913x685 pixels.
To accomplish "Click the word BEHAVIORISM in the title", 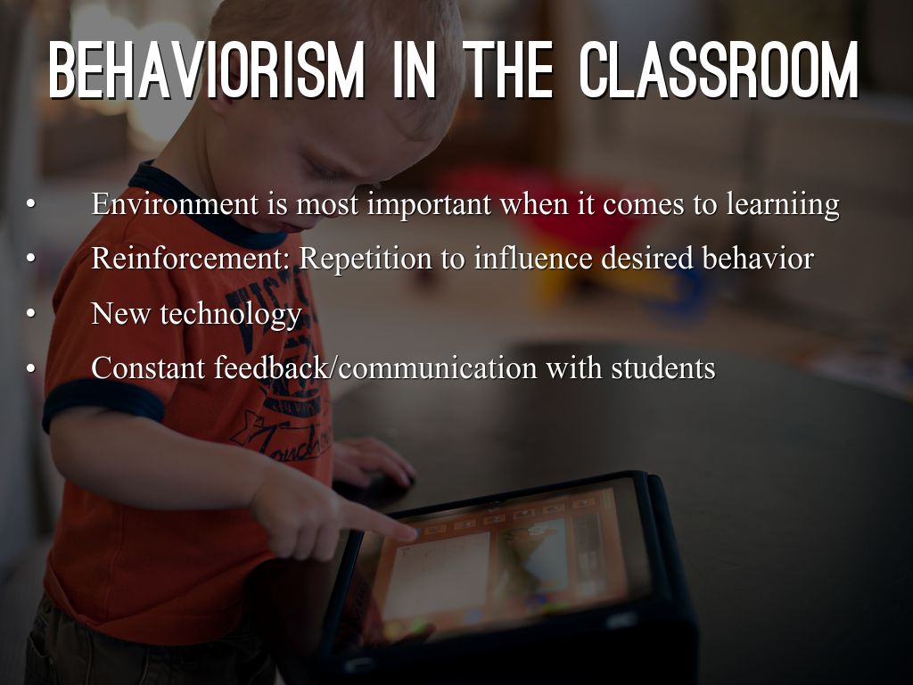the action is [x=207, y=70].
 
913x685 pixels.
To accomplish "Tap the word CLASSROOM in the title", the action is [x=720, y=70].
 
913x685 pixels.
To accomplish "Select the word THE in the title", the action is [x=508, y=70].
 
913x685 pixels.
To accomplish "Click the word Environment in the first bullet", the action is [x=175, y=204].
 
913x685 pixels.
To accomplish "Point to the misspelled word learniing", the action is [x=783, y=205].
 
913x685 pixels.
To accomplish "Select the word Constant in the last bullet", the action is [x=149, y=368].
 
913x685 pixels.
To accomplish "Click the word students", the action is [x=663, y=368].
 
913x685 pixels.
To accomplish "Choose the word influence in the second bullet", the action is [x=533, y=258].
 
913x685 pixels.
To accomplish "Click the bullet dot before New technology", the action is [x=31, y=313].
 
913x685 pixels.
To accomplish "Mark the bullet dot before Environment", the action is [x=31, y=204].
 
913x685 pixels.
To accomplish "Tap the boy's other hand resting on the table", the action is [x=372, y=461].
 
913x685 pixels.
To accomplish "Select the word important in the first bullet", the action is [x=429, y=205].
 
